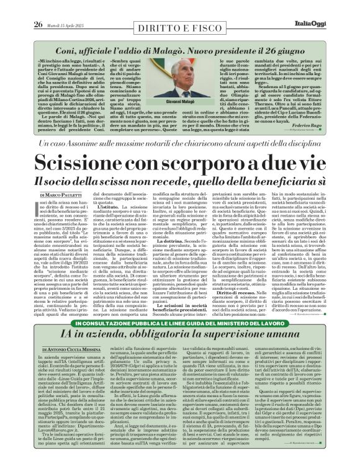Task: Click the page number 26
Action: coord(38,25)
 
